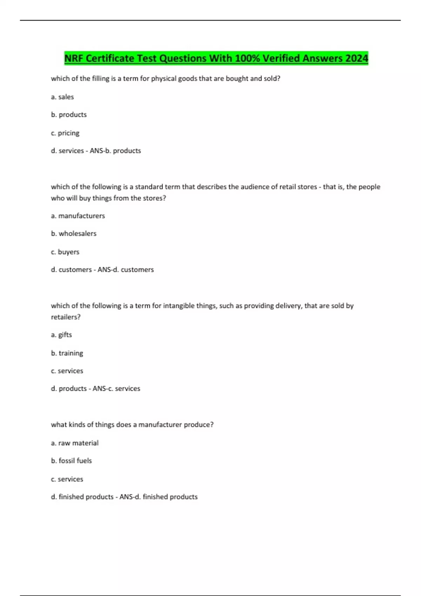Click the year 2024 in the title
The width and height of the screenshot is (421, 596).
[x=356, y=58]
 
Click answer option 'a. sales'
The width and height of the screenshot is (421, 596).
[x=62, y=97]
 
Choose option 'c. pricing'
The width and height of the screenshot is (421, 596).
[x=65, y=133]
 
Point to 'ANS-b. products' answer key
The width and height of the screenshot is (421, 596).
[x=115, y=151]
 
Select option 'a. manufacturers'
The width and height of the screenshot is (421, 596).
[x=78, y=216]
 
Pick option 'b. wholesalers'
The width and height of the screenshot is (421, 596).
[x=74, y=233]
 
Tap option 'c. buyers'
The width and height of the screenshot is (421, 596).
[x=65, y=252]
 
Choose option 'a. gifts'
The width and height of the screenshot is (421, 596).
[x=61, y=335]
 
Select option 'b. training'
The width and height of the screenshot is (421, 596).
[x=67, y=353]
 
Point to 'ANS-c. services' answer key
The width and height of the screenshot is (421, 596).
[x=116, y=388]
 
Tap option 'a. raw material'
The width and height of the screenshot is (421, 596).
[x=75, y=443]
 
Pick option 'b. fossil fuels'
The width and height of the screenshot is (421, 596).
[x=71, y=461]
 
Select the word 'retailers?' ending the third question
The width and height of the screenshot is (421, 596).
[x=66, y=317]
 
